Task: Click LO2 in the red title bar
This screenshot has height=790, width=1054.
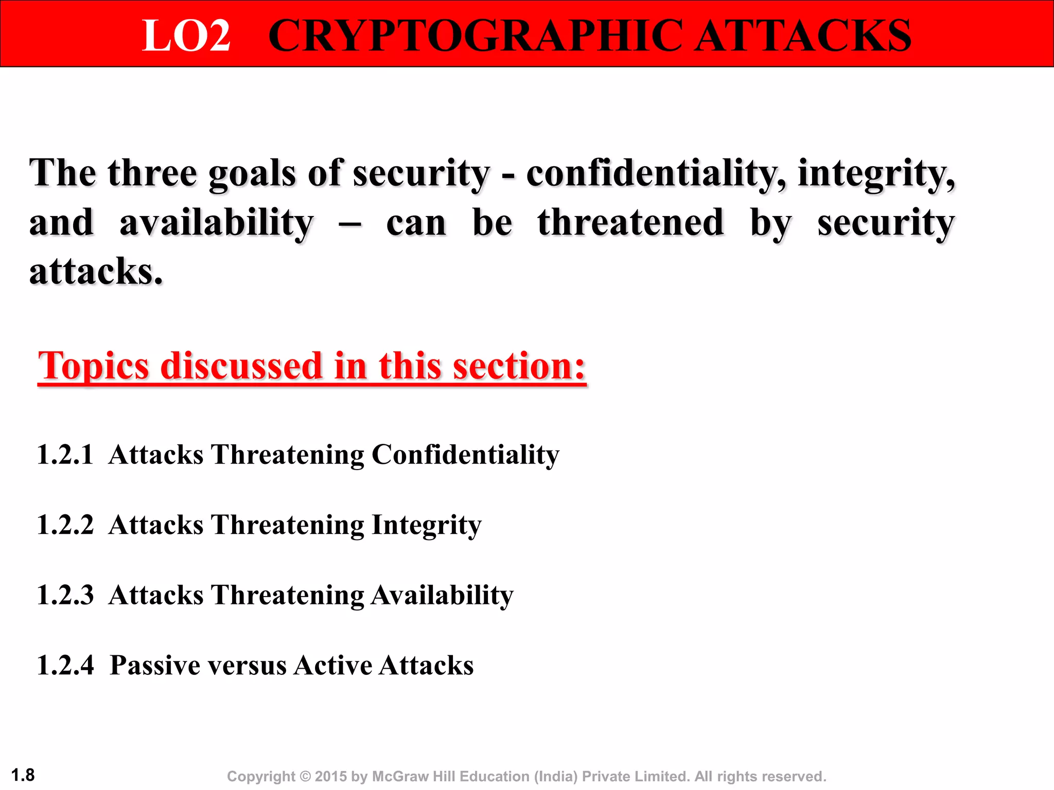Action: tap(186, 36)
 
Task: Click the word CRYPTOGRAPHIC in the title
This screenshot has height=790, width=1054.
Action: tap(476, 36)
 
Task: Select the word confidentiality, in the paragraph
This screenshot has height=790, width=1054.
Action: tap(656, 173)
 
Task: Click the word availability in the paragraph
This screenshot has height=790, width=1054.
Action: tap(216, 223)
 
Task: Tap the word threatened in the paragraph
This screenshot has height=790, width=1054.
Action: tap(631, 223)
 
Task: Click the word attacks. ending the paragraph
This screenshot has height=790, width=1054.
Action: tap(96, 272)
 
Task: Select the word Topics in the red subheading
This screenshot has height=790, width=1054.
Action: tap(94, 366)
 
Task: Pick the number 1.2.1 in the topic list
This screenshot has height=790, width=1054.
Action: tap(65, 455)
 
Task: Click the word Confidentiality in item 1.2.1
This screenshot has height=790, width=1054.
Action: tap(465, 455)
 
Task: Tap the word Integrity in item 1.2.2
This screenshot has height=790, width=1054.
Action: tap(426, 526)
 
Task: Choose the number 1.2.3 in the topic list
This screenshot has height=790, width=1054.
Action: tap(65, 596)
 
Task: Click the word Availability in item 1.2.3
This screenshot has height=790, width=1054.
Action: tap(442, 596)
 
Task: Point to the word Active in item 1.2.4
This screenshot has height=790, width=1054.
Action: tap(332, 666)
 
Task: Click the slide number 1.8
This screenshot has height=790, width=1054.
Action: tap(23, 775)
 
